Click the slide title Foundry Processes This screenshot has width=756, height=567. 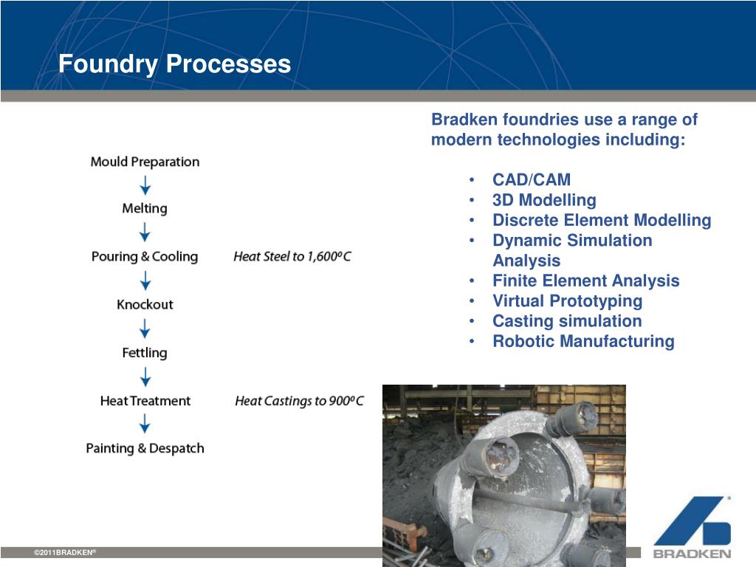tap(175, 64)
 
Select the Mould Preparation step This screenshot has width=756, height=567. tap(145, 162)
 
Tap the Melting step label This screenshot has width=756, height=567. tap(145, 209)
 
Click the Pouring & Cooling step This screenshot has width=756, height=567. tap(145, 257)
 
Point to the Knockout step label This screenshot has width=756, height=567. tap(145, 304)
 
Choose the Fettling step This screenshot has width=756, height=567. tap(145, 353)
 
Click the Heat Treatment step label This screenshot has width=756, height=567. tap(145, 401)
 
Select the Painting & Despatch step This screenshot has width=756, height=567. tap(145, 448)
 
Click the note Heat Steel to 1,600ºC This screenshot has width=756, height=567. tap(292, 257)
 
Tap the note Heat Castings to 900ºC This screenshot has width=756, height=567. tap(299, 401)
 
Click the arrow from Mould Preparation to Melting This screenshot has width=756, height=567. tap(145, 185)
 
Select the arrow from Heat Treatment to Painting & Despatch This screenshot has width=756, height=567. tap(145, 424)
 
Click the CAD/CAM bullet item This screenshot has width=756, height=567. tap(532, 180)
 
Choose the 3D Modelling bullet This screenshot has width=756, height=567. tap(544, 200)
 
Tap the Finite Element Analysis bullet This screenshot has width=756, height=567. tap(585, 281)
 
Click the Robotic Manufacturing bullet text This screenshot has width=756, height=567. tap(583, 341)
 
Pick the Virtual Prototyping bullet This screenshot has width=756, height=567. tap(567, 301)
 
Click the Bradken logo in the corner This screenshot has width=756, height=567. tap(692, 526)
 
